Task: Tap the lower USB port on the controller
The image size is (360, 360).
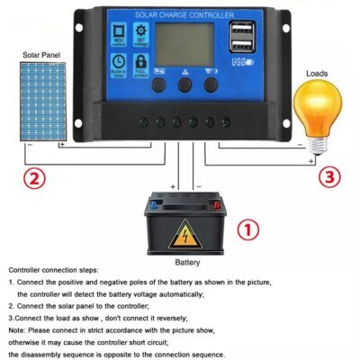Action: tap(240, 49)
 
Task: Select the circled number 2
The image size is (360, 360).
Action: tap(32, 177)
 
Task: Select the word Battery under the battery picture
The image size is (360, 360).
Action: tap(186, 263)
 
